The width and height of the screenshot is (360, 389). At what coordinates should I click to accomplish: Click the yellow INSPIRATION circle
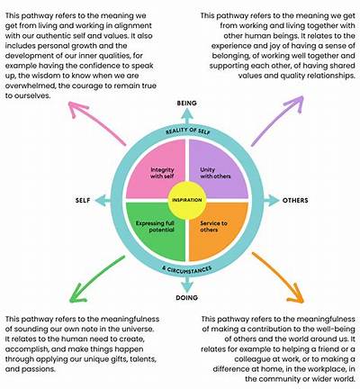pyautogui.click(x=187, y=200)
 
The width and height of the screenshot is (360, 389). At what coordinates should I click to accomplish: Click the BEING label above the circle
pyautogui.click(x=187, y=104)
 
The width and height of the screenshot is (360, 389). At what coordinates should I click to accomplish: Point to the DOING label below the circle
pyautogui.click(x=187, y=298)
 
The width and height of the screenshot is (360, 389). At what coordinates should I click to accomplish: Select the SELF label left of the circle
pyautogui.click(x=83, y=200)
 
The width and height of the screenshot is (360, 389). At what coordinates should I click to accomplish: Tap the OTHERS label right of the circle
pyautogui.click(x=295, y=200)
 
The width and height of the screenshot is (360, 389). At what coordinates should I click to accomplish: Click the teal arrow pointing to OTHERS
pyautogui.click(x=271, y=200)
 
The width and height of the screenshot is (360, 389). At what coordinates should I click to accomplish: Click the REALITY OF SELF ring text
pyautogui.click(x=188, y=131)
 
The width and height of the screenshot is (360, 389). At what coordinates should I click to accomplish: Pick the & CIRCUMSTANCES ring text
pyautogui.click(x=187, y=269)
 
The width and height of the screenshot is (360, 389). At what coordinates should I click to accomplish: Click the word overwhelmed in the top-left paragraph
pyautogui.click(x=30, y=86)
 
